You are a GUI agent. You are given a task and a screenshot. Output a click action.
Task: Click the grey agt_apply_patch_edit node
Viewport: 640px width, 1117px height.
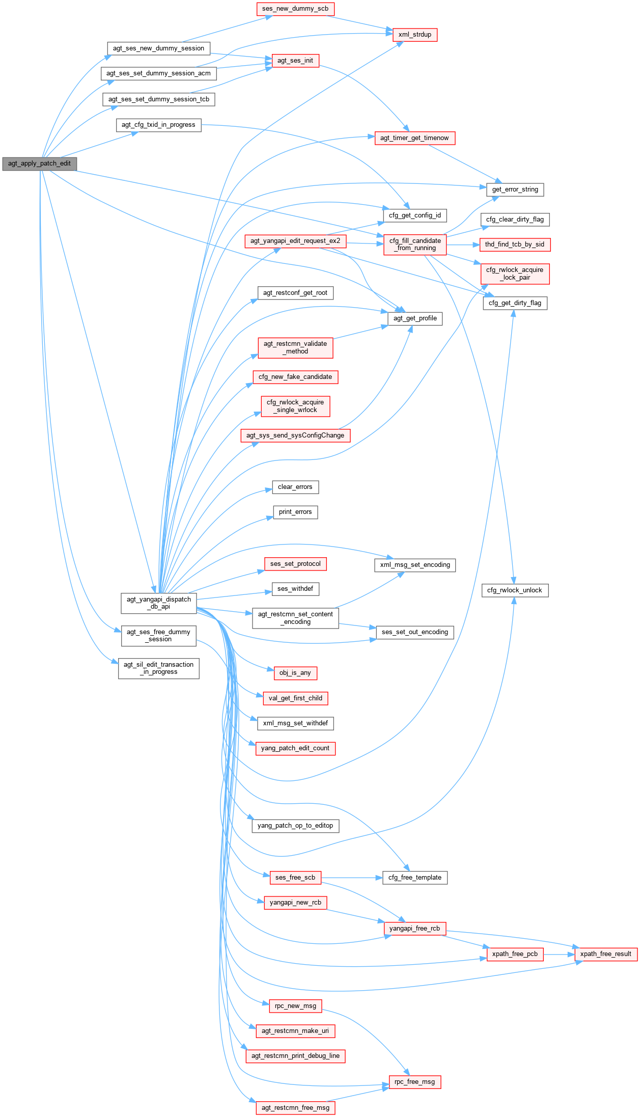(39, 164)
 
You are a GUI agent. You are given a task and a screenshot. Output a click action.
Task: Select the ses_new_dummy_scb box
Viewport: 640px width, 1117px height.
(295, 9)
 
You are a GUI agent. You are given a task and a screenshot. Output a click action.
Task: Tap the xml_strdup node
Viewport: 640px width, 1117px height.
(414, 35)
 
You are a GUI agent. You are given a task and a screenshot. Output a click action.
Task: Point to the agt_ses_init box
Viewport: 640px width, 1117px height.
(295, 61)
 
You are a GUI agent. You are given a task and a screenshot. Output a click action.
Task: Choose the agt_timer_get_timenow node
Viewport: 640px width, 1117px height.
(414, 138)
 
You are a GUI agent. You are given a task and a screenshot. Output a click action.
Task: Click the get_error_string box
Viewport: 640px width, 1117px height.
(515, 189)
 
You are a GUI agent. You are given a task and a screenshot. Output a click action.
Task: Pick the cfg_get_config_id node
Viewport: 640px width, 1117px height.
(414, 215)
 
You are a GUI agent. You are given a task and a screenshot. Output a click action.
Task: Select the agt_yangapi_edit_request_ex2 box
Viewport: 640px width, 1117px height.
(295, 241)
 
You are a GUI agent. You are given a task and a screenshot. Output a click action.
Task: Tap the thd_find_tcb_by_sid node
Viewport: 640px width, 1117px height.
(514, 244)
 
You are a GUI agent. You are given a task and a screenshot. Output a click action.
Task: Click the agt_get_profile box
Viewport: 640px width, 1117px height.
(415, 318)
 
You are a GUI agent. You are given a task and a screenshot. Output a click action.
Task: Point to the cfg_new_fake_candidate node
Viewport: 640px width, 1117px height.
(295, 377)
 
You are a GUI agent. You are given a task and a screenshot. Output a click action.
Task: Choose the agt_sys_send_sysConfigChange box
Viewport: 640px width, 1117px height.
(295, 435)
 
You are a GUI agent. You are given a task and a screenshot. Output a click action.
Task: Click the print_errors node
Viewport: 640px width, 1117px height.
(295, 512)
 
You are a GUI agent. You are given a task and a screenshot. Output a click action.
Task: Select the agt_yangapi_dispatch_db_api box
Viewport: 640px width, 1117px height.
(159, 603)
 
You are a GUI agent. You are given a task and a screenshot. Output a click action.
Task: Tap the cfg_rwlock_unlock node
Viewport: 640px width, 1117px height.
(515, 590)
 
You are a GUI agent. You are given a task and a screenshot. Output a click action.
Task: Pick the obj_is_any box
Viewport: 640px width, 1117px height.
(295, 673)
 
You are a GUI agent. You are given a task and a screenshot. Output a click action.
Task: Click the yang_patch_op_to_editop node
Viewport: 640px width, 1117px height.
(295, 826)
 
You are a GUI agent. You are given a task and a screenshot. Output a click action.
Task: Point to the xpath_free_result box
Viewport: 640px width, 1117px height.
(605, 954)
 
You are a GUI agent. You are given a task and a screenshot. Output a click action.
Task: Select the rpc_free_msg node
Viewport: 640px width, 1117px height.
(414, 1082)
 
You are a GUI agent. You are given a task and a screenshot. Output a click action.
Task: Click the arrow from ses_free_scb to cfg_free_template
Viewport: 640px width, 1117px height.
(351, 878)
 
